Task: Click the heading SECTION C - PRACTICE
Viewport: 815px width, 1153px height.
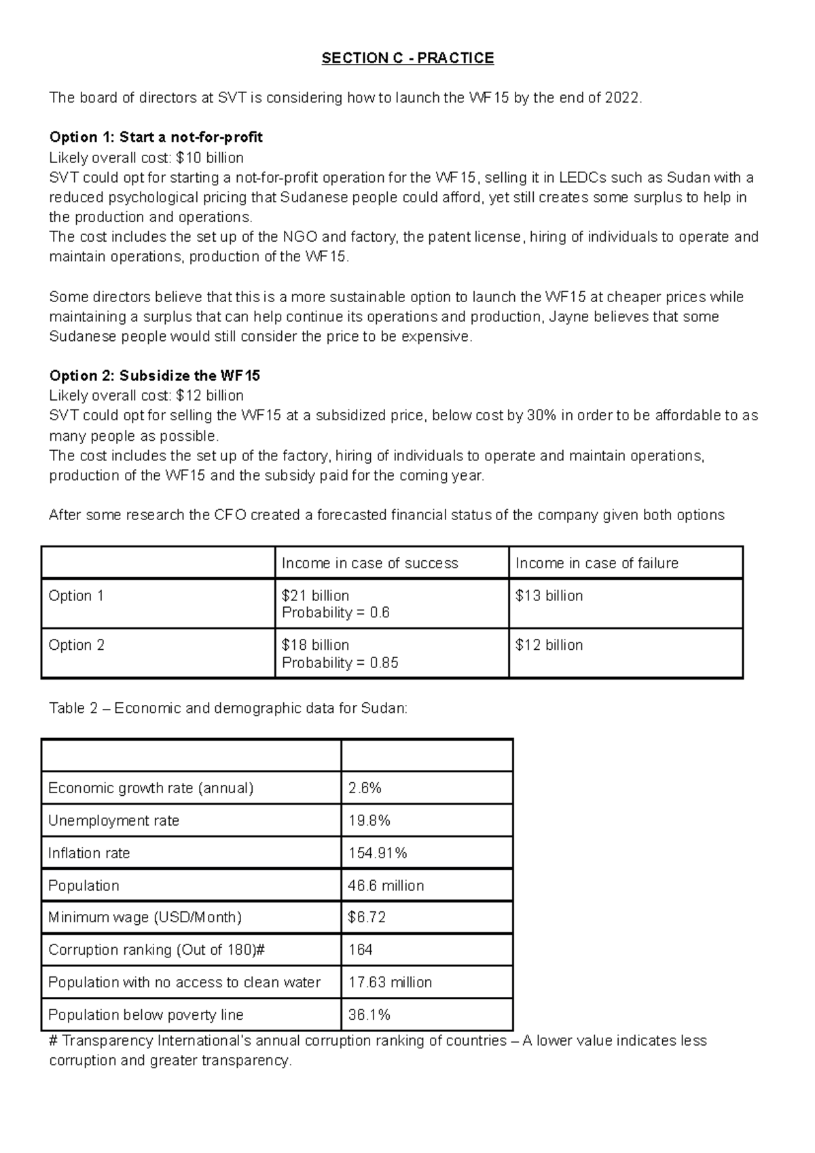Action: click(407, 58)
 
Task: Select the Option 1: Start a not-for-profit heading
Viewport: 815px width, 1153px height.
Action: click(156, 138)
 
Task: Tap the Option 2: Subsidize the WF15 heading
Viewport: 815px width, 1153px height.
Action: click(155, 376)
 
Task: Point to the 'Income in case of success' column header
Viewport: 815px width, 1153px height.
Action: click(369, 563)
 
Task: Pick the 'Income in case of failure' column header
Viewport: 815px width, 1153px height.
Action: click(596, 563)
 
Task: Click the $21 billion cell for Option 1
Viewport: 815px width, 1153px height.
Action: click(315, 596)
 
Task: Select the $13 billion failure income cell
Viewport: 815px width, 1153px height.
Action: click(549, 596)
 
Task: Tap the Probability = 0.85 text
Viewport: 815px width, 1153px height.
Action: click(340, 663)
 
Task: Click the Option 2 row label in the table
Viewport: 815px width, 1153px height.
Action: click(76, 645)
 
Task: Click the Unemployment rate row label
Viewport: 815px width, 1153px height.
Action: click(113, 820)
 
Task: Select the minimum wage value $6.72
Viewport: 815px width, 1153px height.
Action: click(367, 917)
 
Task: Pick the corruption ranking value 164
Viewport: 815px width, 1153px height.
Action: click(360, 949)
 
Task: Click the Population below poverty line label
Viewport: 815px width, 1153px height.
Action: click(145, 1014)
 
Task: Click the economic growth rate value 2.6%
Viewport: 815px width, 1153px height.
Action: click(365, 788)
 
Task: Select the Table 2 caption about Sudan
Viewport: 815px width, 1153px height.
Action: click(228, 708)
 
